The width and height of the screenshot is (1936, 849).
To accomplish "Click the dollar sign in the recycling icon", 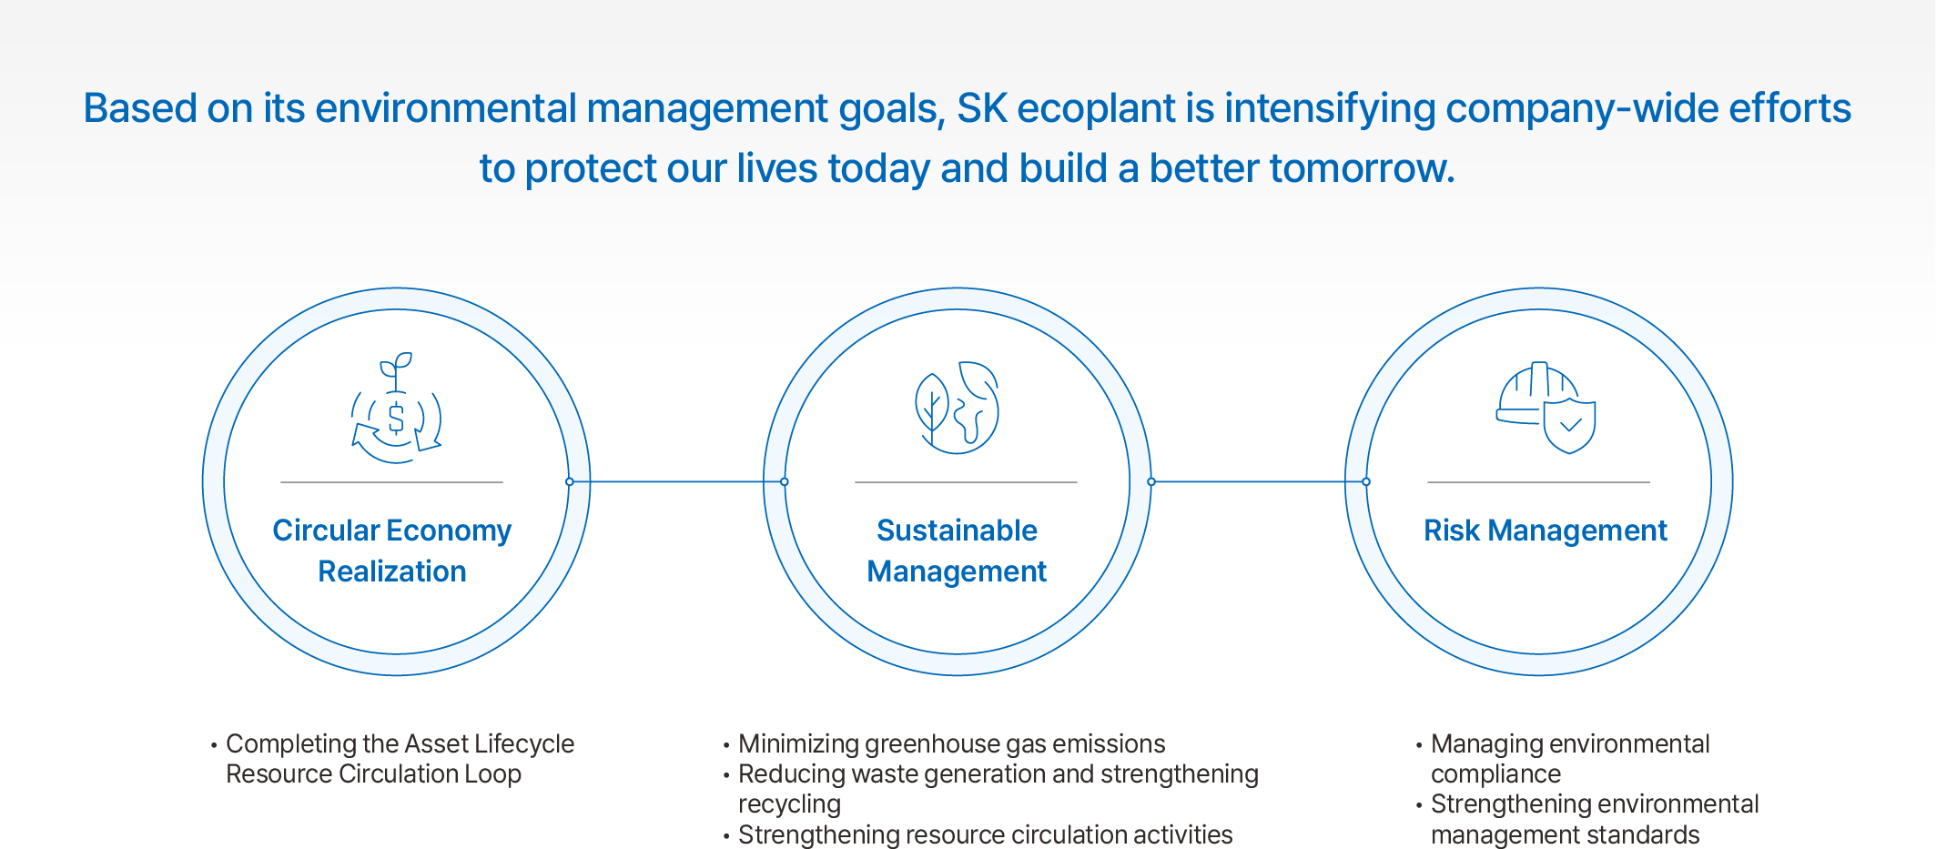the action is [x=396, y=419].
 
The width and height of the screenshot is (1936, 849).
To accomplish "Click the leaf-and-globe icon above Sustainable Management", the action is [x=957, y=407].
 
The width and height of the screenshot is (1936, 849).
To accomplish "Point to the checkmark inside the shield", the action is [x=1571, y=425].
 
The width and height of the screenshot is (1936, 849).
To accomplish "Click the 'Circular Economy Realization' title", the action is [x=392, y=551].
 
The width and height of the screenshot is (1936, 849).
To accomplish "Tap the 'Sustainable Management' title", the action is [x=957, y=551].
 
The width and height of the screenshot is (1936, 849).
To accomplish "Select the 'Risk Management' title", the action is [x=1546, y=531].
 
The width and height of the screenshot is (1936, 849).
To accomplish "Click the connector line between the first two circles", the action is [x=676, y=481].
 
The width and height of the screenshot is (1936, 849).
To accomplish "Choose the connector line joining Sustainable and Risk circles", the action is [x=1259, y=481].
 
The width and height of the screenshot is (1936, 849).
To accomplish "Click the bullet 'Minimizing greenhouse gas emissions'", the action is [x=951, y=744].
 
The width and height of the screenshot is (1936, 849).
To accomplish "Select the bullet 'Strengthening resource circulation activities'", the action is [x=985, y=834].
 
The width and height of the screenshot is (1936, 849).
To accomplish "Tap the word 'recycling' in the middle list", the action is [x=789, y=804].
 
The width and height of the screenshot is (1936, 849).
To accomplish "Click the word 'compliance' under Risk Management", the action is [x=1495, y=774].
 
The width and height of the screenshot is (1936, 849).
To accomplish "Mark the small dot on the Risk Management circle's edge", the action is [x=1366, y=481].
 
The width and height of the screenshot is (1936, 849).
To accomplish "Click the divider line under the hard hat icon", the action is [x=1538, y=481].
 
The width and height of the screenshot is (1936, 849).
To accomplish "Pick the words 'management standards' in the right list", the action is [x=1565, y=834].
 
